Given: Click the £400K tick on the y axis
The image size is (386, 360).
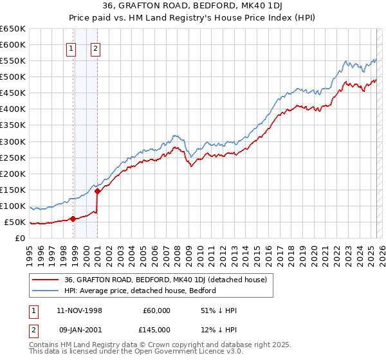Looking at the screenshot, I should click(13, 109).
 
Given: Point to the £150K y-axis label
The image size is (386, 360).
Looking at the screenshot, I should click(13, 190).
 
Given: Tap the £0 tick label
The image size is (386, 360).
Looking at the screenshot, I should click(19, 238).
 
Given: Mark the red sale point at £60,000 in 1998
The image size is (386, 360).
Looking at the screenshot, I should click(73, 219).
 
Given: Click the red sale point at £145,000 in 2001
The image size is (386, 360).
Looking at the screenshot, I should click(97, 191).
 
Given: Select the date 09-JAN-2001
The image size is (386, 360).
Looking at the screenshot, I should click(78, 329).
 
